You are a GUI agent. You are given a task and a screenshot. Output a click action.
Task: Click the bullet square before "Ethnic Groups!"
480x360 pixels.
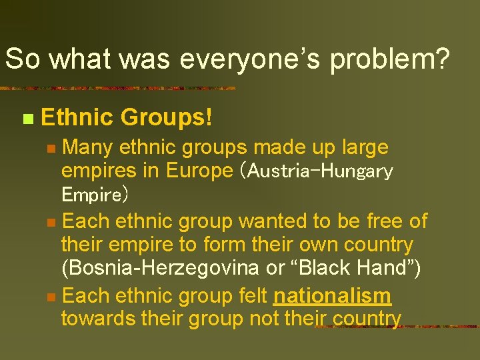click(27, 119)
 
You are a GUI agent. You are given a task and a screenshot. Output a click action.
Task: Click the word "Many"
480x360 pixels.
click(90, 147)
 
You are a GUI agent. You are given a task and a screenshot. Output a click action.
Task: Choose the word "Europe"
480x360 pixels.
click(199, 171)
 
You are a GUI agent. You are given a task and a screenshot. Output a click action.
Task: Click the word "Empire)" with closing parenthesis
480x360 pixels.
click(95, 195)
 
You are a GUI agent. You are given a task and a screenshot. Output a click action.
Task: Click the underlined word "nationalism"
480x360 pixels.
click(332, 295)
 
